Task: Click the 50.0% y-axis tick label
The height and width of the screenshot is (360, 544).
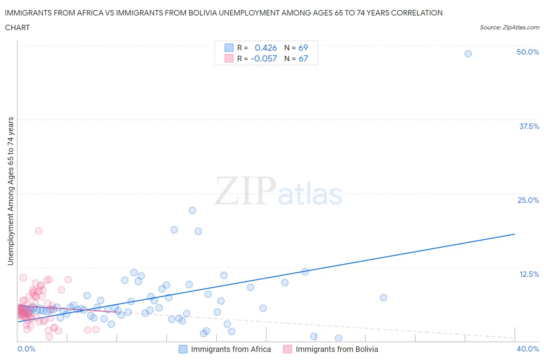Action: click(x=528, y=52)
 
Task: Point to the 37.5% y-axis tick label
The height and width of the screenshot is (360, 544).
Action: click(x=529, y=126)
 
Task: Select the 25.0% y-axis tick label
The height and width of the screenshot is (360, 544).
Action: click(x=528, y=200)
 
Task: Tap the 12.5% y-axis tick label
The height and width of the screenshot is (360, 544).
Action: click(x=529, y=274)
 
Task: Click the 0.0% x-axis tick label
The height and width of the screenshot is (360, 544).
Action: click(x=26, y=349)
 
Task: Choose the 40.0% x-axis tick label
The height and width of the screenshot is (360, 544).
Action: click(x=528, y=349)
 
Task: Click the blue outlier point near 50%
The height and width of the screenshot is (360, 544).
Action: click(x=468, y=54)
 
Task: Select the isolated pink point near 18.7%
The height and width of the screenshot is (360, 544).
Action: click(x=39, y=231)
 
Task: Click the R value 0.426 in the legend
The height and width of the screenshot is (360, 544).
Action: click(x=266, y=48)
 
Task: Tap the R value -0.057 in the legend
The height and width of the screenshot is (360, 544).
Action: click(x=264, y=58)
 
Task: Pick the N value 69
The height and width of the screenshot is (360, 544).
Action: click(x=303, y=48)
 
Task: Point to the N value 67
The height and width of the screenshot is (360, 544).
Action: click(x=303, y=58)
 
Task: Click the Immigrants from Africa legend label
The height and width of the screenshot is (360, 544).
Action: click(x=231, y=349)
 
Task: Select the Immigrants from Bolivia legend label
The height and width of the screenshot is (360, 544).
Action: click(x=337, y=349)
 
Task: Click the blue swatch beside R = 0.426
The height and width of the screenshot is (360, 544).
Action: click(x=229, y=48)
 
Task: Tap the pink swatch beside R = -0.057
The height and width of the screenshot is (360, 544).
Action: click(x=229, y=58)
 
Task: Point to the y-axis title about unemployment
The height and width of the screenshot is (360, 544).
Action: click(x=10, y=191)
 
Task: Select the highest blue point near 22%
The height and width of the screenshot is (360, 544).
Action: click(x=192, y=211)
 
